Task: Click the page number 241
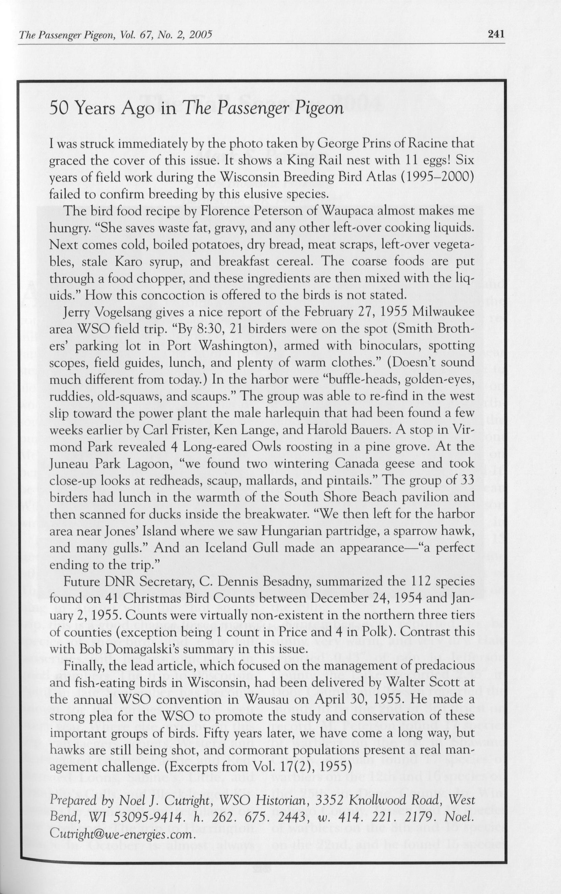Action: pos(497,34)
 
